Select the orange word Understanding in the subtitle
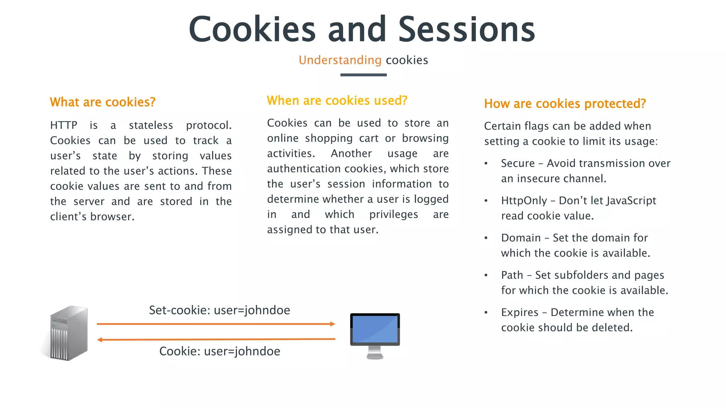(x=340, y=60)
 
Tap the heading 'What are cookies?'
(x=103, y=102)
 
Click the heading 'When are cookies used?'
(x=337, y=101)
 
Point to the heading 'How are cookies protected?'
(x=565, y=104)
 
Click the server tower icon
(x=68, y=333)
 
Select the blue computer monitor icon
(x=375, y=335)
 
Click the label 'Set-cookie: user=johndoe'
(x=219, y=310)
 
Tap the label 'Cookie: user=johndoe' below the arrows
(x=219, y=351)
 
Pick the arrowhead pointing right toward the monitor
(x=332, y=324)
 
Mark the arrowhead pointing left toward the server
(x=100, y=340)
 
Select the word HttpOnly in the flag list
(x=524, y=201)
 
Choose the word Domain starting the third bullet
(x=521, y=238)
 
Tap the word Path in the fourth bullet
(x=512, y=275)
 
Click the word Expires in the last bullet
(x=520, y=312)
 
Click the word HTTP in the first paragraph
(x=64, y=125)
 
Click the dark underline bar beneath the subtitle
(x=363, y=75)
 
